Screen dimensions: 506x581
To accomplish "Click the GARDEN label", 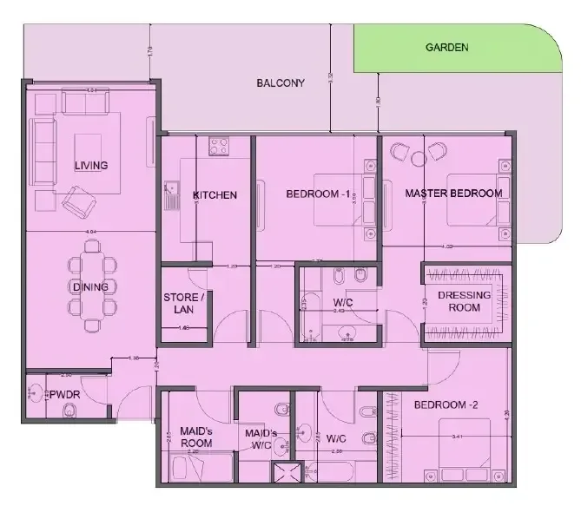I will [x=446, y=49].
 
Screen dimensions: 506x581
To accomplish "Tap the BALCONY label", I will [x=281, y=83].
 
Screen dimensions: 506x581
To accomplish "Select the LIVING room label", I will [x=90, y=166].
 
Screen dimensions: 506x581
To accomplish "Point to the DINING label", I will [x=90, y=286].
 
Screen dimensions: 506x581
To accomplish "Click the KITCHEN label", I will [x=215, y=195].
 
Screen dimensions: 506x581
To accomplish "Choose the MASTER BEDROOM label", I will [x=453, y=194].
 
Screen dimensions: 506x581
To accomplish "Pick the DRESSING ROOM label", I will [x=464, y=301].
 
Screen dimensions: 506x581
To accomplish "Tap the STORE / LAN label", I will [x=184, y=304].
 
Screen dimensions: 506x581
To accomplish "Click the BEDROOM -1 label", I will [x=318, y=195].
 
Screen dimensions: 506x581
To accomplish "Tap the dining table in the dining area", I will [x=96, y=286].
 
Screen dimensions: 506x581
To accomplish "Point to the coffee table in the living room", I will [x=84, y=148].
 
